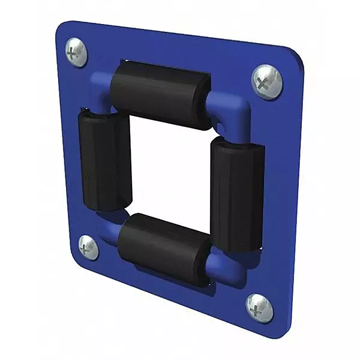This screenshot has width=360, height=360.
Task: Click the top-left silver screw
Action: tap(76, 52)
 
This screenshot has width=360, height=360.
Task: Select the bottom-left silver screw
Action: tap(88, 247)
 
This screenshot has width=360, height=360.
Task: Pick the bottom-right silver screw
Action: tap(259, 308)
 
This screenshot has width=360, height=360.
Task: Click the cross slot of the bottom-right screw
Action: tap(259, 308)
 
